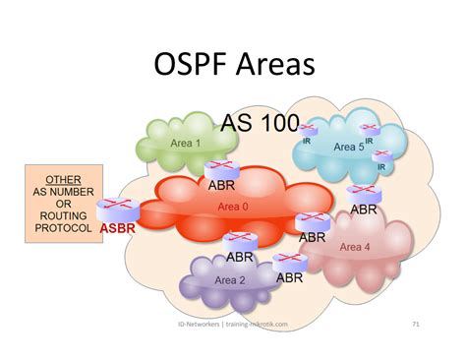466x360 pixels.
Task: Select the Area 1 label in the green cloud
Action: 185,143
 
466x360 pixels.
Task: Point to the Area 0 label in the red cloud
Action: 233,207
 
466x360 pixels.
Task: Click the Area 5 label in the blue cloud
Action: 348,148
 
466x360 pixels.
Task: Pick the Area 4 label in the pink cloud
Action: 355,246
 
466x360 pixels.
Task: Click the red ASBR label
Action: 117,227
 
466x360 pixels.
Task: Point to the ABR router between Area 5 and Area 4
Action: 361,194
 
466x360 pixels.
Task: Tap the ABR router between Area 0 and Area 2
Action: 239,241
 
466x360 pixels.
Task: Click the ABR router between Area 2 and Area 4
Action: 288,262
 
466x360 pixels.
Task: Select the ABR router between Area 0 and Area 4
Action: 313,221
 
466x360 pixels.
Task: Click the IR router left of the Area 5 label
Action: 309,131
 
